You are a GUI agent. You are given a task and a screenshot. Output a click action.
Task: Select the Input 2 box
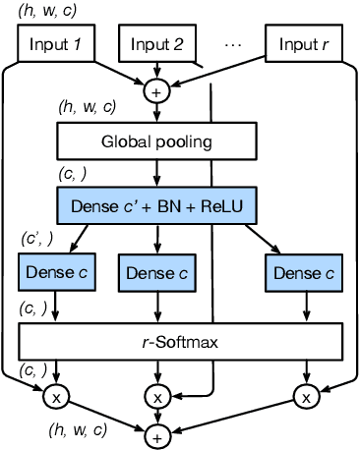[x=156, y=45]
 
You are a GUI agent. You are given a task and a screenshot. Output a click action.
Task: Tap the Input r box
[x=305, y=45]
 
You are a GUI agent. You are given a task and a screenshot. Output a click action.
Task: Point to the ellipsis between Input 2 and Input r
[x=233, y=45]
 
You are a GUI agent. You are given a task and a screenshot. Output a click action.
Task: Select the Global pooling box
[x=156, y=141]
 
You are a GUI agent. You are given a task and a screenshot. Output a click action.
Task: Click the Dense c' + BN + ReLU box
[x=156, y=206]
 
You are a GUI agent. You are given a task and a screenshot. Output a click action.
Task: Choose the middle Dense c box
[x=156, y=272]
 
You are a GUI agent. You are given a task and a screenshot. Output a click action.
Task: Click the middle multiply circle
[x=156, y=397]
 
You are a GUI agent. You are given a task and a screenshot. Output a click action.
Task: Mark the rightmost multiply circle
[x=306, y=397]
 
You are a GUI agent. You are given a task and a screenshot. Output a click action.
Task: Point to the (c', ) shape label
[x=35, y=239]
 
